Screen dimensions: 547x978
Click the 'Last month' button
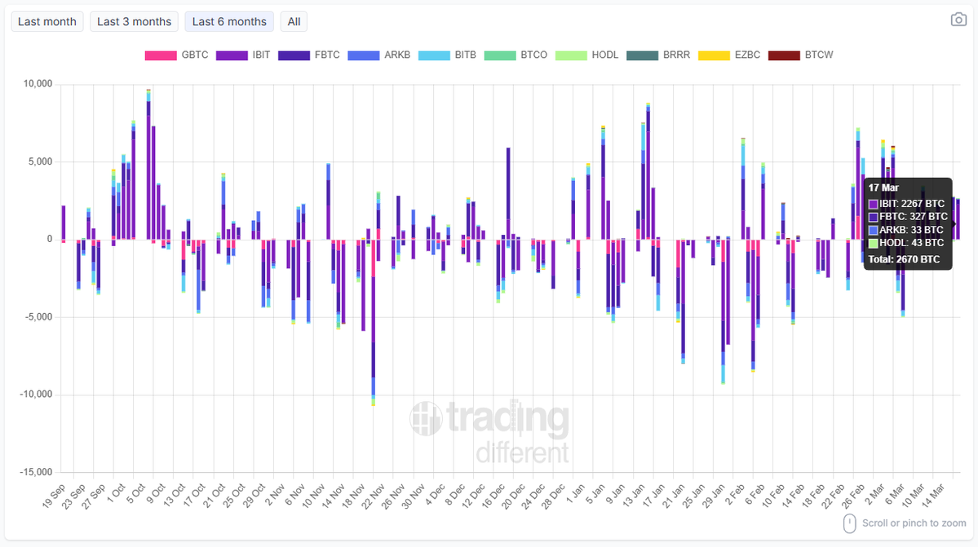coord(47,22)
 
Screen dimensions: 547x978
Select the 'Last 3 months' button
coord(135,22)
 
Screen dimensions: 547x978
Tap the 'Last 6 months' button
coord(229,22)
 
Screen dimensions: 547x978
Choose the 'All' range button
coord(294,22)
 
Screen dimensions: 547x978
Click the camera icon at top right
coord(958,20)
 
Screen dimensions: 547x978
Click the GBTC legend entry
coord(177,55)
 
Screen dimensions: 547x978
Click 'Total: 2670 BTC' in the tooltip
coord(904,260)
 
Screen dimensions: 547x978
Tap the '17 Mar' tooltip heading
coord(883,187)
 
